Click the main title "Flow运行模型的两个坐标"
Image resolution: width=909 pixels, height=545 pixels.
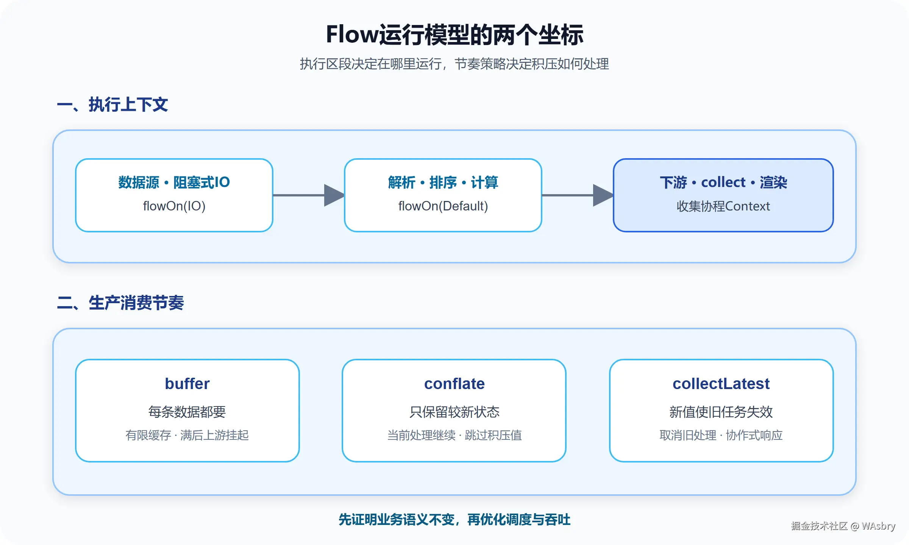click(x=454, y=35)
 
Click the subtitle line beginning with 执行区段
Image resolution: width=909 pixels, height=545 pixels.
click(x=454, y=64)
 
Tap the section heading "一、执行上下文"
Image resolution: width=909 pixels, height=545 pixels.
click(x=112, y=104)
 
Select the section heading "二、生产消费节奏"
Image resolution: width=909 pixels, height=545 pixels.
click(x=120, y=303)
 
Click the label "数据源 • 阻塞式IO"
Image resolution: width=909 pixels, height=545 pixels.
click(x=174, y=182)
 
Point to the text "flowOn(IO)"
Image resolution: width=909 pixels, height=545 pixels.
click(x=174, y=206)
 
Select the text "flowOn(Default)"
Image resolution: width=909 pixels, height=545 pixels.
click(x=443, y=206)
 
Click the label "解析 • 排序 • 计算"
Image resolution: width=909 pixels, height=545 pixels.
click(x=443, y=182)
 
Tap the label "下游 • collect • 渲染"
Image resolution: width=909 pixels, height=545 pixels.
click(x=723, y=182)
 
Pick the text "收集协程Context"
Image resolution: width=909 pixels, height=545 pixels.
click(x=723, y=206)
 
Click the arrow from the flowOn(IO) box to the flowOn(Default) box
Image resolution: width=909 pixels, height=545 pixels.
click(x=309, y=195)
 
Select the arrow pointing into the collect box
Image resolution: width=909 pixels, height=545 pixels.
click(x=578, y=195)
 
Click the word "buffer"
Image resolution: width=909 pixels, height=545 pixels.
click(x=187, y=384)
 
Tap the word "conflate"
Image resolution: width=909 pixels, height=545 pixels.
click(x=454, y=384)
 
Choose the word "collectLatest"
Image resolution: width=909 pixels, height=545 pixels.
click(x=721, y=384)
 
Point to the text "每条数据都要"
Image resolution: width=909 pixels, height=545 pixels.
click(x=187, y=412)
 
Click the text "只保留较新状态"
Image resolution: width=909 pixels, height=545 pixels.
click(x=454, y=412)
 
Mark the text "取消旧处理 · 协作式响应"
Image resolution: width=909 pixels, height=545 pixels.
click(x=721, y=435)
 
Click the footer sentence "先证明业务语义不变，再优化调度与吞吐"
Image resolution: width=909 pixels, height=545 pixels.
click(x=454, y=520)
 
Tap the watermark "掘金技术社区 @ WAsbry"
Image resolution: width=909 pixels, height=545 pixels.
click(x=843, y=526)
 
